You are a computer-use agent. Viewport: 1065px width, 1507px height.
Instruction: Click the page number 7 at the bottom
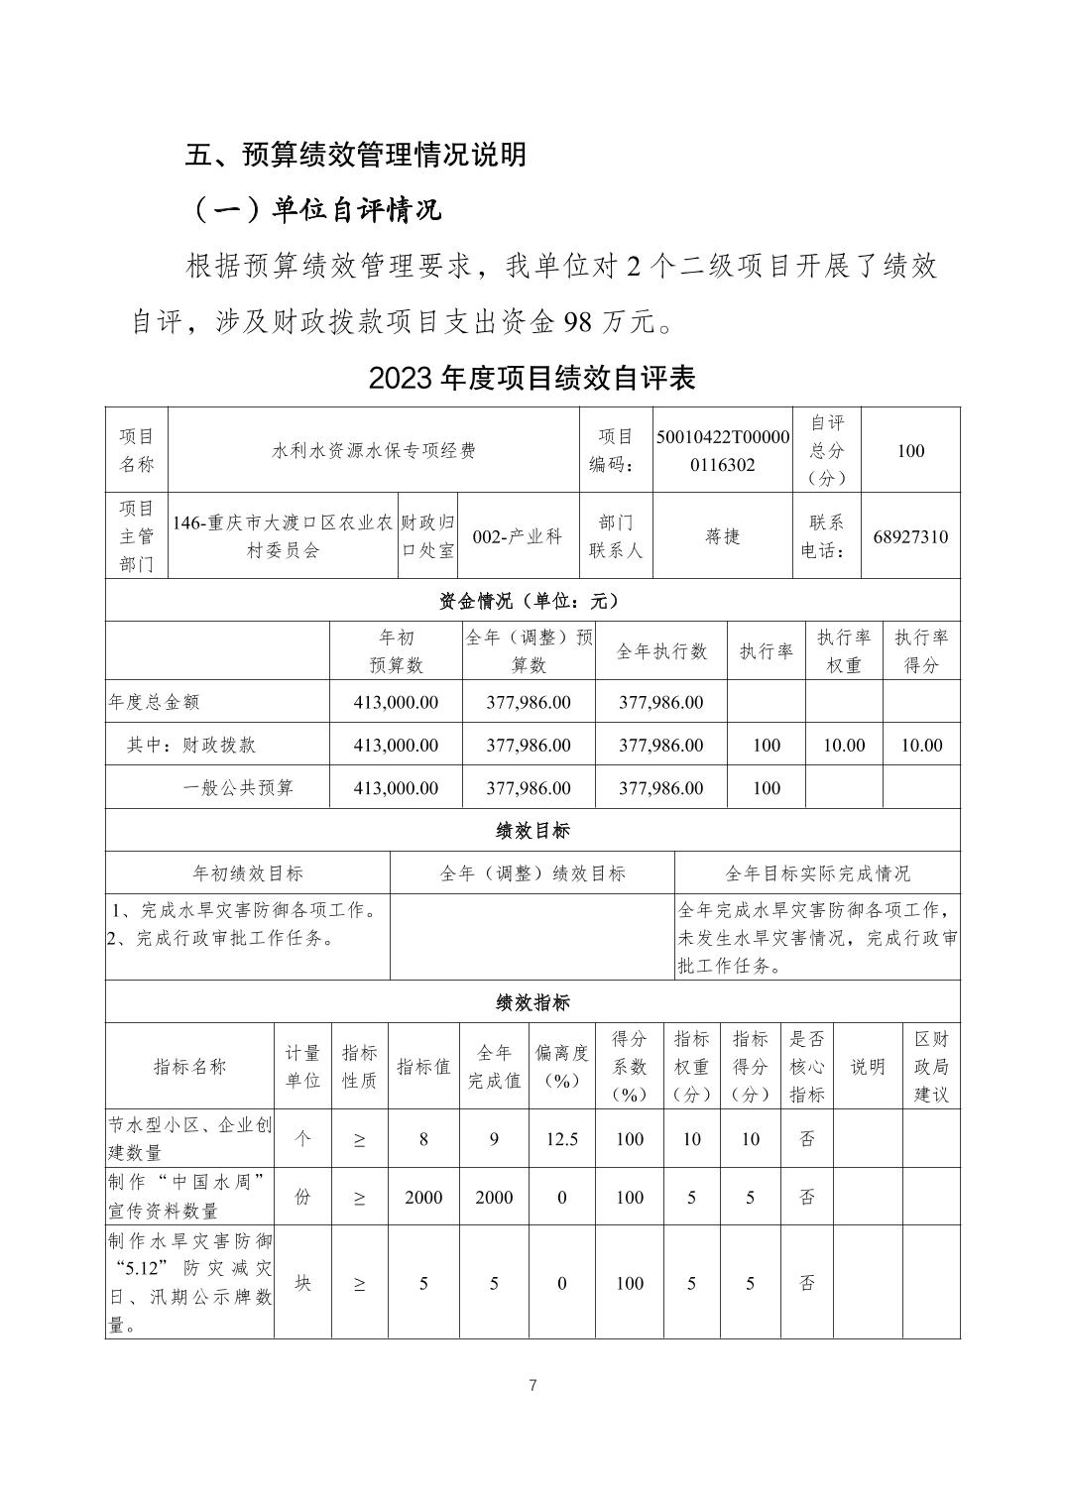532,1385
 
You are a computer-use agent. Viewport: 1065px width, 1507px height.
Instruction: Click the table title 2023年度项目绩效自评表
532,378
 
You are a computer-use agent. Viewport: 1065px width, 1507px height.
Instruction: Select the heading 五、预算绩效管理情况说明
356,155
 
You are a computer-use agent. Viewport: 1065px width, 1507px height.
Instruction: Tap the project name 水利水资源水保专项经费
374,450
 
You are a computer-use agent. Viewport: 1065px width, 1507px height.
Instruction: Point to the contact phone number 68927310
910,537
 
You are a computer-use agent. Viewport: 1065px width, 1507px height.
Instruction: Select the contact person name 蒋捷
723,537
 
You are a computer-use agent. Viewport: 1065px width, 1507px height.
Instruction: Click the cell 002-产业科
518,537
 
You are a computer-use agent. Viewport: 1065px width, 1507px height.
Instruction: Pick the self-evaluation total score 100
910,450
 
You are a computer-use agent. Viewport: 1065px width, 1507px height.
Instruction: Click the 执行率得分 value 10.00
921,745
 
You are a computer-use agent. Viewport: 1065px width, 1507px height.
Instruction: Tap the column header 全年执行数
661,651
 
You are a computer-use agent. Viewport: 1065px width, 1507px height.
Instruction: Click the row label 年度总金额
154,702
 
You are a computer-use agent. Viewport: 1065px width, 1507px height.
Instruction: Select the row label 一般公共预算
238,788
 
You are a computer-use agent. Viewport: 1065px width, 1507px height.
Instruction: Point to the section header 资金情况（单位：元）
532,601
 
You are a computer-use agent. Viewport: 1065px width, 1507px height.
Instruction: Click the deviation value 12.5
561,1139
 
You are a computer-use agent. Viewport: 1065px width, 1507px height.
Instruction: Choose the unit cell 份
303,1197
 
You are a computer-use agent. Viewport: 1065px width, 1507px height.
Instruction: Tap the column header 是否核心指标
807,1067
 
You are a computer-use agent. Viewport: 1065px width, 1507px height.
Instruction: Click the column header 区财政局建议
931,1067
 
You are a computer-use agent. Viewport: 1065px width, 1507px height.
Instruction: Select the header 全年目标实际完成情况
817,873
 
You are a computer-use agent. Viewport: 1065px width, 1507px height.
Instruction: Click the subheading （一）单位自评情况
315,210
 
